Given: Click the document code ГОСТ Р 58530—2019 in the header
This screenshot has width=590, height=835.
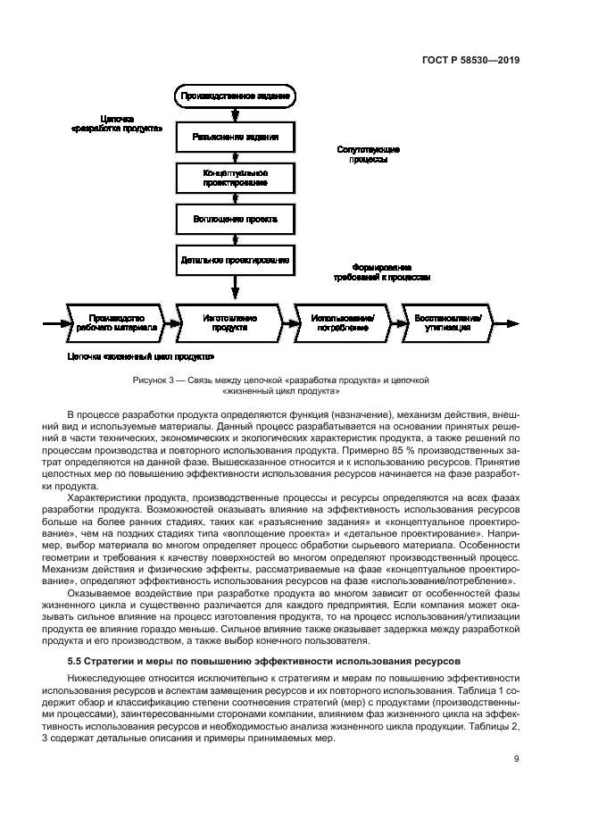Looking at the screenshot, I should point(470,61).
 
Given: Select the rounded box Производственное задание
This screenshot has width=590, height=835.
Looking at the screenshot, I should point(235,95).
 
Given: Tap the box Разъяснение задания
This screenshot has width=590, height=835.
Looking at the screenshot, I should point(235,138).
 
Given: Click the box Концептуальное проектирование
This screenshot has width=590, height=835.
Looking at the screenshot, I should point(235,177).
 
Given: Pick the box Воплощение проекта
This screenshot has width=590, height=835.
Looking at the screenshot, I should point(235,219).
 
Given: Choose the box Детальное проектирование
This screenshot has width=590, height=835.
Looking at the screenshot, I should point(235,260).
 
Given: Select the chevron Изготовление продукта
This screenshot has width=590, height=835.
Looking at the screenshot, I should point(229,322).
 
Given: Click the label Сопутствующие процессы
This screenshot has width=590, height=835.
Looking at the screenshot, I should point(369,154).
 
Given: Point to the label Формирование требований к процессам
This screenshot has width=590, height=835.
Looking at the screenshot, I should point(381,272).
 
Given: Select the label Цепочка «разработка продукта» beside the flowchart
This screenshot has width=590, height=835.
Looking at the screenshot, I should point(116,123).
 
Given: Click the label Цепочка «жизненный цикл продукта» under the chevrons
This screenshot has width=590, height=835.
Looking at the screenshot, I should point(140,356).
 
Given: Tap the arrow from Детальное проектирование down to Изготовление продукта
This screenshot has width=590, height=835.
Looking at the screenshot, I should point(235,288).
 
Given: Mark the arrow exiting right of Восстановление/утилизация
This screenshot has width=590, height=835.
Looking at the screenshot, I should point(508,322).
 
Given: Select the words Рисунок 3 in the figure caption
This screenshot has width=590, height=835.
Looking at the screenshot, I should point(152,380).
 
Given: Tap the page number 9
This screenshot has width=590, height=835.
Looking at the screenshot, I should point(517,760).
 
